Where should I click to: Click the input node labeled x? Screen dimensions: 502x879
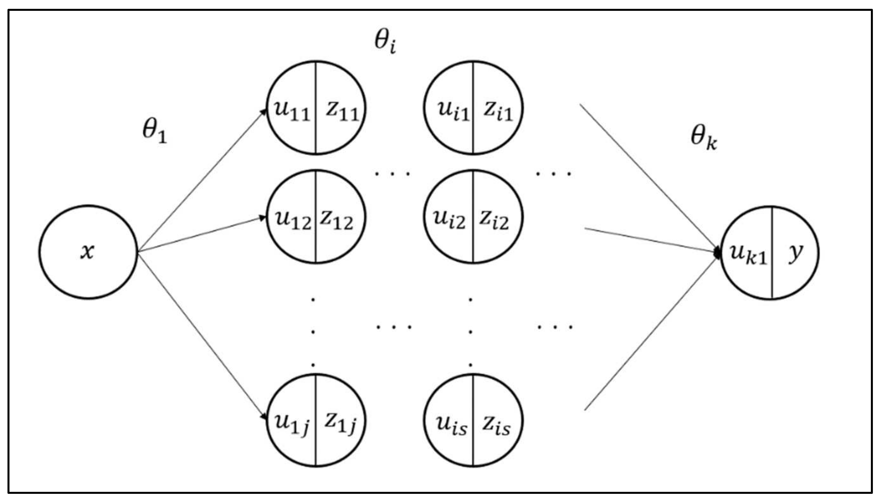click(x=87, y=252)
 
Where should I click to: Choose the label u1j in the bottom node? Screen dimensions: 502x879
click(x=292, y=423)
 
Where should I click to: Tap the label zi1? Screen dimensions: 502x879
click(x=498, y=111)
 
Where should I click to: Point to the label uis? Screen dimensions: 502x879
click(x=452, y=425)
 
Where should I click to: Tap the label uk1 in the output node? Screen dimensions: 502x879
click(x=748, y=254)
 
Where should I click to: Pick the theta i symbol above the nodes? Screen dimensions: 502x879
click(x=385, y=42)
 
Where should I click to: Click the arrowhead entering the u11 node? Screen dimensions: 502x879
click(x=264, y=111)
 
